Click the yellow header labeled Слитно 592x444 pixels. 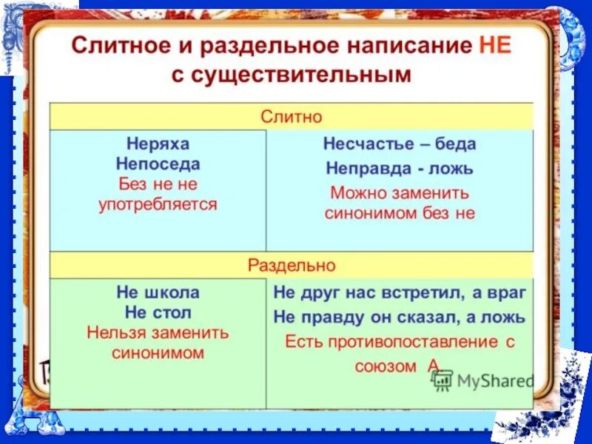291,117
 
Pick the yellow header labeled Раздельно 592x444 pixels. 291,265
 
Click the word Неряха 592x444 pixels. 158,144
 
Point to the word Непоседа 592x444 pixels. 158,164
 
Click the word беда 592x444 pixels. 454,144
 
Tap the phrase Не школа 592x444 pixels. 158,292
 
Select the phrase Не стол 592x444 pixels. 158,312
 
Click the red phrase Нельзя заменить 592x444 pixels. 158,332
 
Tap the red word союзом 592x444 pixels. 384,366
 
